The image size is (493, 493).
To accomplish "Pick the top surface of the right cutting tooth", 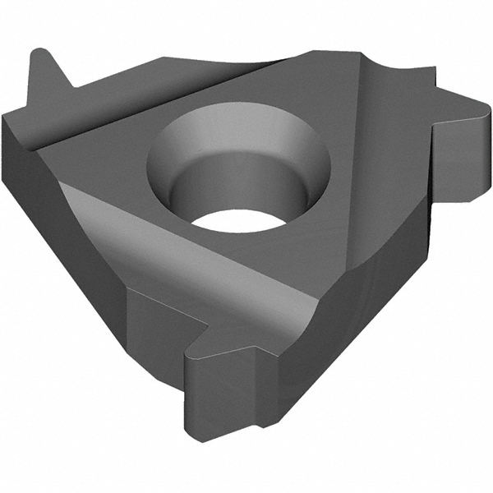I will pos(444,103).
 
